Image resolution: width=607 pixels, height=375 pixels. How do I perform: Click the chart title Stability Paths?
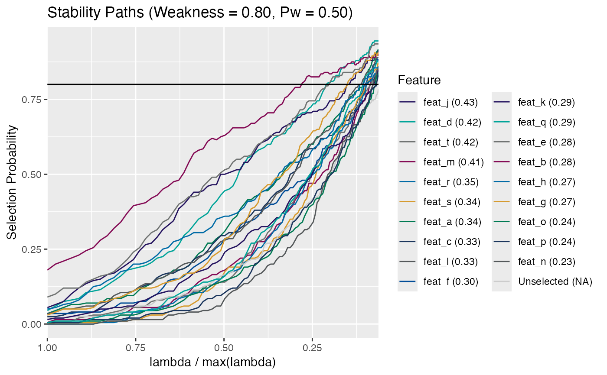point(199,13)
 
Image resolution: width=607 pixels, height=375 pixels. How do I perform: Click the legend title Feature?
point(419,80)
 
